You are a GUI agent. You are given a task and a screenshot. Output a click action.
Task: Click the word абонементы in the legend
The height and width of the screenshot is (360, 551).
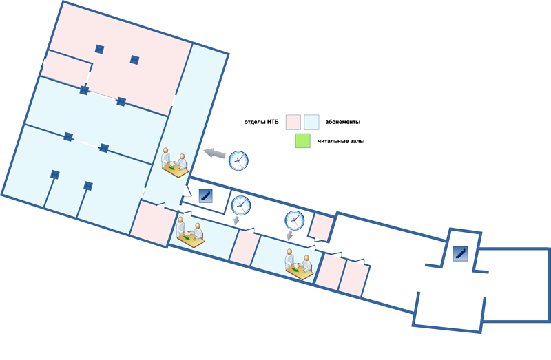[x=342, y=123]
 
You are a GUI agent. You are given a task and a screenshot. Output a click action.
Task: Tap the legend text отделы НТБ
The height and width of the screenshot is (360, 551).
[x=261, y=123]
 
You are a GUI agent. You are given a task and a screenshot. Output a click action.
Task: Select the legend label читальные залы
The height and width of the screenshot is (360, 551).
[x=341, y=141]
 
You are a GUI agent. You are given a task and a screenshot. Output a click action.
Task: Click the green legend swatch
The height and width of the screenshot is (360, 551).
[x=302, y=141]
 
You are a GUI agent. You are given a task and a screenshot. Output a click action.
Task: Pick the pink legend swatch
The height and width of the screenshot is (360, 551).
[x=293, y=123]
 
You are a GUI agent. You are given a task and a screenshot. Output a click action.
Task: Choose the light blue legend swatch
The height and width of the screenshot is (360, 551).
[x=311, y=123]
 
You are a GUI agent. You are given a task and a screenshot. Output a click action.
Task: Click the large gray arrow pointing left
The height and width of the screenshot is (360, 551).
[x=215, y=153]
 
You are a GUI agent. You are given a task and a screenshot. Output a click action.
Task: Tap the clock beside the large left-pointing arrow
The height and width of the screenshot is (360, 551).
[x=238, y=160]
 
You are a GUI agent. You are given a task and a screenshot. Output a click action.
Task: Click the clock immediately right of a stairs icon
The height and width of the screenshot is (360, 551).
[x=241, y=205]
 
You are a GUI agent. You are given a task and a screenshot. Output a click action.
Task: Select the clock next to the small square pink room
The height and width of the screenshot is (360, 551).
[x=295, y=220]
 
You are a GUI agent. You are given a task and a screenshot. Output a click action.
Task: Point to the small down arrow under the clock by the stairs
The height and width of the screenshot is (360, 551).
[x=236, y=220]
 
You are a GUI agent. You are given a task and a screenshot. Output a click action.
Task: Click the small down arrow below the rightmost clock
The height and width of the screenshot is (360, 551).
[x=289, y=235]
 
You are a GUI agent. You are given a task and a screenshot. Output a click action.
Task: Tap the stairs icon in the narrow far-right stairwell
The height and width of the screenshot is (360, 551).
[x=460, y=253]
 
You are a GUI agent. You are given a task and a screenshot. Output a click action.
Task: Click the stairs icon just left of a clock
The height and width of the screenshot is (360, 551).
[x=205, y=195]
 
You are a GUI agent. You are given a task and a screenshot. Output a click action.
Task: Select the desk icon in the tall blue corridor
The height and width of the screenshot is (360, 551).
[x=175, y=162]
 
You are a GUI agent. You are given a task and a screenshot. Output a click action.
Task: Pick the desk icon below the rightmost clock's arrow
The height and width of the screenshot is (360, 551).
[x=299, y=264]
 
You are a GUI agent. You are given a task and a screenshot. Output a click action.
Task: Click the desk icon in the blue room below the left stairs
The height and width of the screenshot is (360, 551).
[x=191, y=232]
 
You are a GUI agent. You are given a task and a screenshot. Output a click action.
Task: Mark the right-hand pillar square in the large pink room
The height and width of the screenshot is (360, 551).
[x=134, y=60]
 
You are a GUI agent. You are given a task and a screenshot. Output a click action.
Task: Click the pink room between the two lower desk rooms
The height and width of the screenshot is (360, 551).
[x=245, y=248]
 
